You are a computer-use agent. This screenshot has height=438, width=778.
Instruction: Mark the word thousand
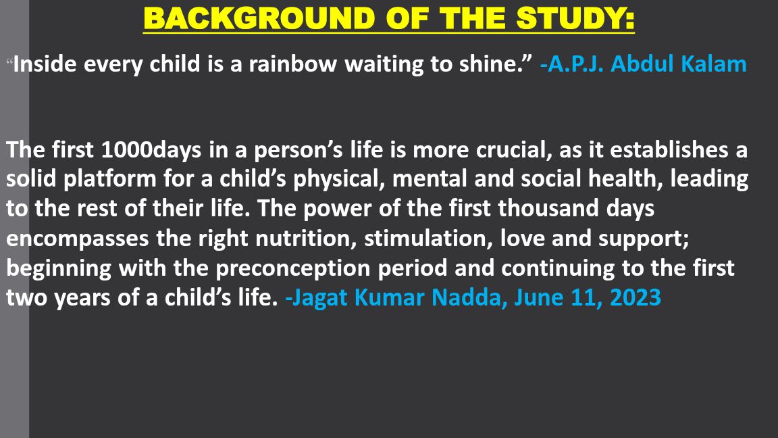(551, 209)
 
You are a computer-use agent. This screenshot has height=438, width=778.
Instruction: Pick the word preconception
(294, 268)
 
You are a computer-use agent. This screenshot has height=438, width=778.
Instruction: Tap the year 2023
(636, 297)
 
